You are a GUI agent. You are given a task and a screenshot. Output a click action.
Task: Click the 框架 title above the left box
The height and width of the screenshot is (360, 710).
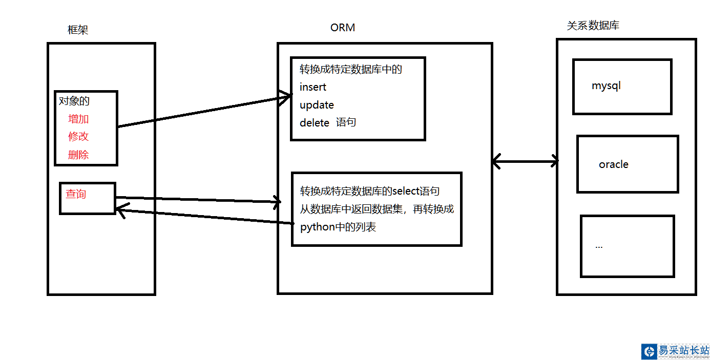(78, 30)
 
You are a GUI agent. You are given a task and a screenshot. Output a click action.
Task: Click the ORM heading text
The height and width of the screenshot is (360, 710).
(343, 28)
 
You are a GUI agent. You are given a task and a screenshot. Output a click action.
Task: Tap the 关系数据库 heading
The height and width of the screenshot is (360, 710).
(593, 25)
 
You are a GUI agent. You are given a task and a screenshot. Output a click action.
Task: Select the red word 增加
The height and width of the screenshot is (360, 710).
(78, 119)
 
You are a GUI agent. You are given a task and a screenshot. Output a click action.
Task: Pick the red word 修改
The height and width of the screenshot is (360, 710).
(78, 136)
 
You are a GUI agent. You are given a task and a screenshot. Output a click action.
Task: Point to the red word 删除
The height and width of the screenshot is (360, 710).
(78, 155)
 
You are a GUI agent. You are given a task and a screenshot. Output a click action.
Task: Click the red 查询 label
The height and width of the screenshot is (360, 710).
(76, 194)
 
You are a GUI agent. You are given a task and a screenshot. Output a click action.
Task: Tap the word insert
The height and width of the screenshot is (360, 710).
(312, 87)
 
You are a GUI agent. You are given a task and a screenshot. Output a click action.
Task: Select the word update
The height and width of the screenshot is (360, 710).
(317, 105)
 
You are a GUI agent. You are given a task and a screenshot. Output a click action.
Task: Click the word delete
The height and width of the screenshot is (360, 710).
(314, 123)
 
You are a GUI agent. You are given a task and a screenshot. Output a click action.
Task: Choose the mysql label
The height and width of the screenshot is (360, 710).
(606, 86)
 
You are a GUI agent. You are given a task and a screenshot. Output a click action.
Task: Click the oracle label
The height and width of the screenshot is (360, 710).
(613, 164)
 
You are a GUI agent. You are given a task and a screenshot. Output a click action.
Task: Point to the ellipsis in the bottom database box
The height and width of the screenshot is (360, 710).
(599, 246)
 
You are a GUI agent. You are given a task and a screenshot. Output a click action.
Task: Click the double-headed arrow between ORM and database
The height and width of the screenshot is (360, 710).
(525, 162)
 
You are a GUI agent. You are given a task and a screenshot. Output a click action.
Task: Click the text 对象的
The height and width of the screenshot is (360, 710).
(74, 101)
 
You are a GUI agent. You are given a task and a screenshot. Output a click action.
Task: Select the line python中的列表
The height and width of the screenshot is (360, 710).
(338, 227)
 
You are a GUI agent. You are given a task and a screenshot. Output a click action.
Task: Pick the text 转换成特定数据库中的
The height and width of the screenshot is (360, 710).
(350, 69)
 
